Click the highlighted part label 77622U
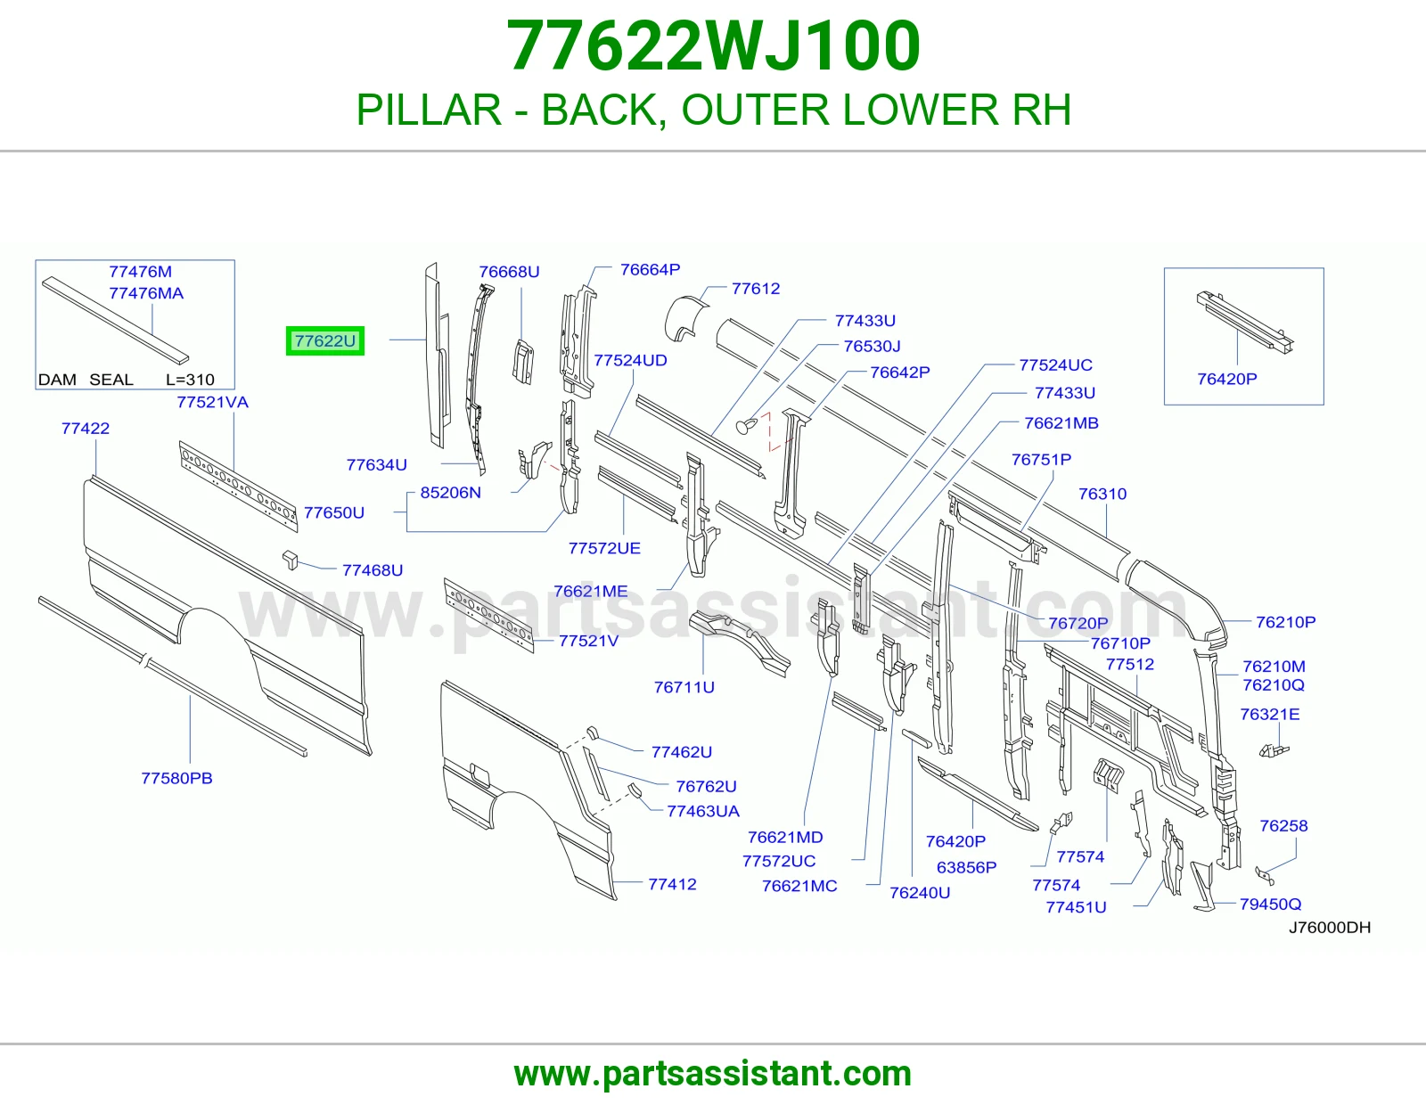coord(324,341)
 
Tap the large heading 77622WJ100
coord(713,45)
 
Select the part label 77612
coord(756,289)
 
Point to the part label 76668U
coord(509,272)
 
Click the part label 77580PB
coord(177,778)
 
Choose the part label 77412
coord(673,885)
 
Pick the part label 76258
coord(1283,826)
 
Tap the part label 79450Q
coord(1270,904)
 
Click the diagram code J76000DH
coord(1330,927)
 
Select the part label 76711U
coord(684,687)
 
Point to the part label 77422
coord(86,429)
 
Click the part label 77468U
coord(373,570)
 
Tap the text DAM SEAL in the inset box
coord(86,380)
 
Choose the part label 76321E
coord(1270,714)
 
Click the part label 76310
coord(1102,494)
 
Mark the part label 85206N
coord(451,493)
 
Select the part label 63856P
coord(967,867)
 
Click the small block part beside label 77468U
coord(290,560)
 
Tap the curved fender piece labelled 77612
coord(685,319)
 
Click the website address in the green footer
coord(713,1074)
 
